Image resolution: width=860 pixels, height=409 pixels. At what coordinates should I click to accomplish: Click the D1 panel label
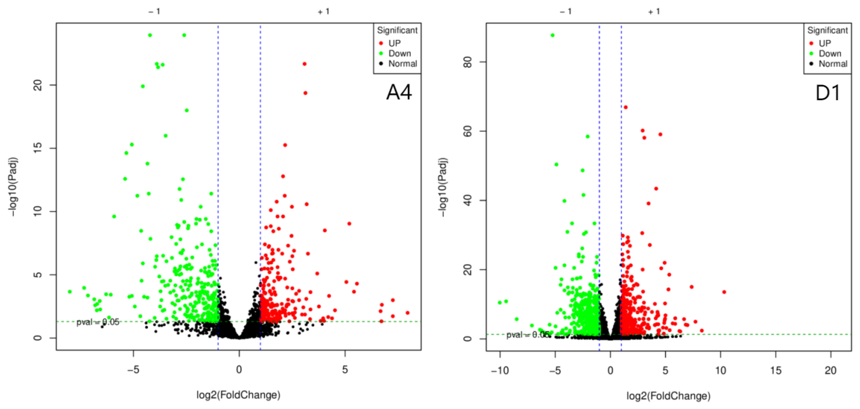click(x=828, y=93)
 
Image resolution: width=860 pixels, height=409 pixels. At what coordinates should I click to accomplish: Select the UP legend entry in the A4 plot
click(x=394, y=43)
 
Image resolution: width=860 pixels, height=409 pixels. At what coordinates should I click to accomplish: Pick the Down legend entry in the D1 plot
click(x=829, y=54)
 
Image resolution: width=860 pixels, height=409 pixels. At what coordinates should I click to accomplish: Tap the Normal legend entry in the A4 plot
click(x=402, y=64)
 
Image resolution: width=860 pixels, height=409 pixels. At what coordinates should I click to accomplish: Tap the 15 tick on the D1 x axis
click(x=775, y=370)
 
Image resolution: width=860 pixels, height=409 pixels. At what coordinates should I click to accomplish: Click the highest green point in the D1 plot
click(x=553, y=35)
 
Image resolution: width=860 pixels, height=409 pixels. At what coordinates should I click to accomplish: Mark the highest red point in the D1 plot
click(x=626, y=107)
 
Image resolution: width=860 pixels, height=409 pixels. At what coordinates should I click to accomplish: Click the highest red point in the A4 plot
click(x=304, y=64)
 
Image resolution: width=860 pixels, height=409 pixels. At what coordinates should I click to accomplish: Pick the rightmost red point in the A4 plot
click(x=407, y=313)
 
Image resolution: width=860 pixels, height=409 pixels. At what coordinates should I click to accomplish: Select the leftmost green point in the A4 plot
click(x=70, y=292)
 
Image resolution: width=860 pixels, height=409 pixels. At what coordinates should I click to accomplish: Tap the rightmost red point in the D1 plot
click(x=724, y=292)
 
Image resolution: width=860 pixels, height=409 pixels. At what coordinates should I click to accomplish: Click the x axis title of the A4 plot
click(x=238, y=395)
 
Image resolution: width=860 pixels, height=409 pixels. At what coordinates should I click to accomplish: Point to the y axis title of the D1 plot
click(x=443, y=187)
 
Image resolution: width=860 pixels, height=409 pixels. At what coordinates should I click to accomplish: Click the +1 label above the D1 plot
click(x=654, y=12)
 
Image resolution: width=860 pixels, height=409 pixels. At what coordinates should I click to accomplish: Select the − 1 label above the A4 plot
click(x=154, y=12)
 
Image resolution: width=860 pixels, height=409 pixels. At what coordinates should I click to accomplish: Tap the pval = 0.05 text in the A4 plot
click(x=97, y=322)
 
